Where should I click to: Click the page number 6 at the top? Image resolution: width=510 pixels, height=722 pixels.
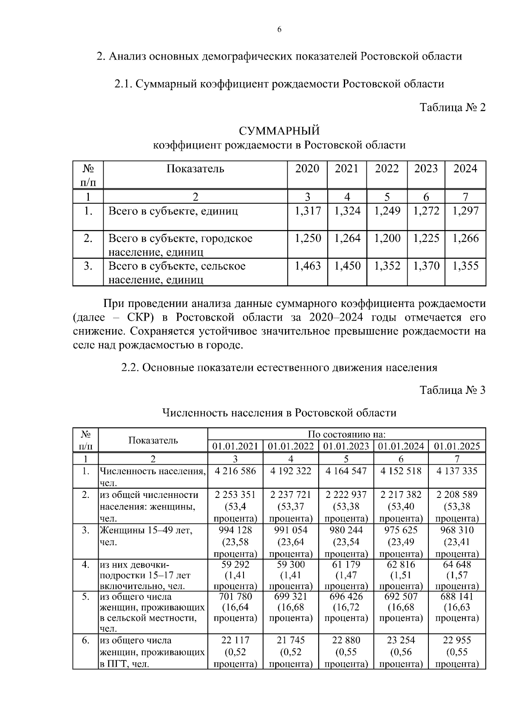coord(279,29)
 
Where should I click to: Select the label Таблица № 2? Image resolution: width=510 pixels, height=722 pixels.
coord(452,107)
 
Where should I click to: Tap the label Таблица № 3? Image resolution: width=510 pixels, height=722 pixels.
coord(452,390)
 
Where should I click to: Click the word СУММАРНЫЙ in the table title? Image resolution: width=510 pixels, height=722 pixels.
coord(279,130)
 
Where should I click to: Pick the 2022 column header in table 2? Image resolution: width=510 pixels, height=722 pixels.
coord(387,169)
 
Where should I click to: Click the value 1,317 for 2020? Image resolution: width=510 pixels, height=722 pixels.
coord(308,211)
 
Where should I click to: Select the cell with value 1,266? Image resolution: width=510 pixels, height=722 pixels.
coord(465,238)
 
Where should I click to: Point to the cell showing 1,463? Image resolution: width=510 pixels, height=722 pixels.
coord(308,266)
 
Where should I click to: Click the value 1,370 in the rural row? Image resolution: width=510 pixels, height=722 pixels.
coord(426,266)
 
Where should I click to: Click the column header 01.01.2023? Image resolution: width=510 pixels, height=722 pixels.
coord(346,446)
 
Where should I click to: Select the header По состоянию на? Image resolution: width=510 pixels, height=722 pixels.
coord(346,435)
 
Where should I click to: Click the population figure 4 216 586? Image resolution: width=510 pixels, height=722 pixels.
coord(235,471)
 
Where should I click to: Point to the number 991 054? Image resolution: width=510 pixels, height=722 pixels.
coord(291,530)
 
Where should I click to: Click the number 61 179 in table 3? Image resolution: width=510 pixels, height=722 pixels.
coord(346,565)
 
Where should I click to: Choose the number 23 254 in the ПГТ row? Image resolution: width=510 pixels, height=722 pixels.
coord(401,640)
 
